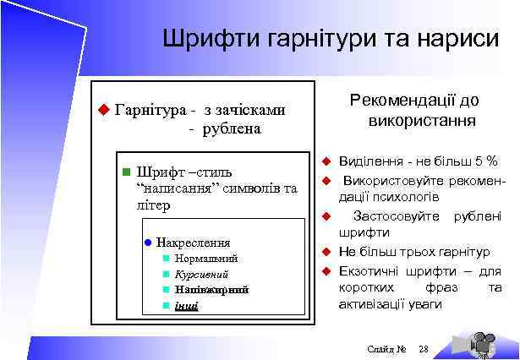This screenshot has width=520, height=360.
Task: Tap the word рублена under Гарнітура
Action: point(230,128)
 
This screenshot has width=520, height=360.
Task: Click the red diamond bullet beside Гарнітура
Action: point(104,109)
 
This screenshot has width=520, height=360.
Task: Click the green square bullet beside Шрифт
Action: point(125,172)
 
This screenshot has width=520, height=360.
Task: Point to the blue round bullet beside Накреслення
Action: point(147,243)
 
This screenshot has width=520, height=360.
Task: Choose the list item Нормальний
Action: point(206,259)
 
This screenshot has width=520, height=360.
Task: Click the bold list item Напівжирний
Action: point(211,290)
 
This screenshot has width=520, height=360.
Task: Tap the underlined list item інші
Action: point(186,305)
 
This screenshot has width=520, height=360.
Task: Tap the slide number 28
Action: point(424,349)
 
